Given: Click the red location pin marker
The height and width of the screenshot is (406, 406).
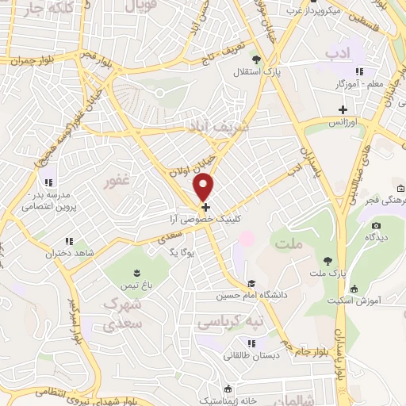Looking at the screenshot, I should point(205,187).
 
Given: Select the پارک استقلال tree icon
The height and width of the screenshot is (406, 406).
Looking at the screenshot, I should point(255,59).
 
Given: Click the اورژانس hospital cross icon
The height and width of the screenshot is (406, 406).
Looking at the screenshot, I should point(343,109).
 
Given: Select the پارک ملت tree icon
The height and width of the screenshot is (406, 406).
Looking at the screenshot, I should point(326,260).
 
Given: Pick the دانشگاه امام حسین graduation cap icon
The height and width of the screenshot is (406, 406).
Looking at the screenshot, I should point(251,284).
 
